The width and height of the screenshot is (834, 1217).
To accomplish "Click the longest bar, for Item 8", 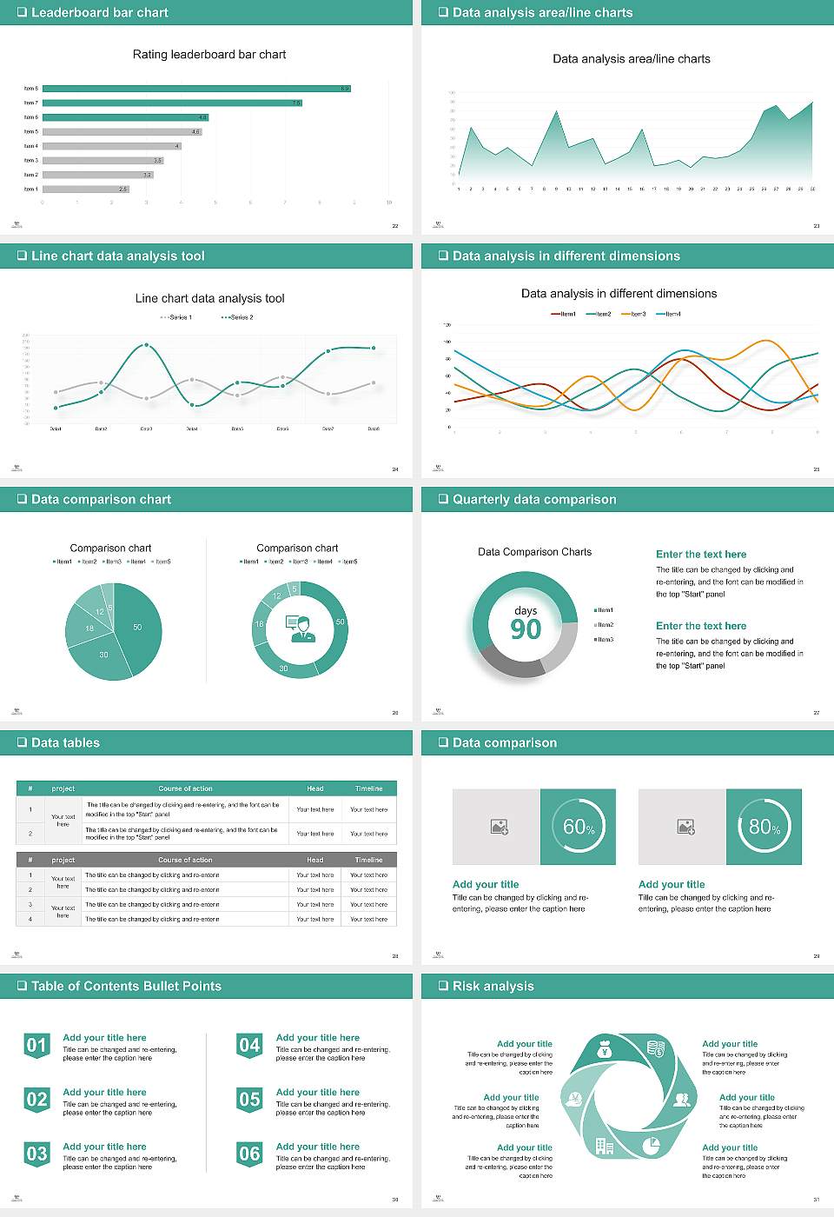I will coord(196,89).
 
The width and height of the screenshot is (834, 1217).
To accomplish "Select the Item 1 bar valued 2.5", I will coord(86,189).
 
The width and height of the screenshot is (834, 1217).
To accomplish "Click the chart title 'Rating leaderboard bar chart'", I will coord(209,54).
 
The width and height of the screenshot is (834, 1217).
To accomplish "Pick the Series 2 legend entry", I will coord(237,317).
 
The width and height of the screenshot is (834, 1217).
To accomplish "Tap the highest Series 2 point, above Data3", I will coord(146,345).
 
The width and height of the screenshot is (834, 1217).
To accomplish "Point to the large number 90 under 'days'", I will coord(526,629).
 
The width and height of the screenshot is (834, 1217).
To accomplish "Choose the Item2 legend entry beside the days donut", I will coord(604,625).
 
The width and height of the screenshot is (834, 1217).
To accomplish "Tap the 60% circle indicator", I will coord(579,827).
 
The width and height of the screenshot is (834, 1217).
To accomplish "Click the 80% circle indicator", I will coord(764,827).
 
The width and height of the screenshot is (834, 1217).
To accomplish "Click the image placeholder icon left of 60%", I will coord(499,827).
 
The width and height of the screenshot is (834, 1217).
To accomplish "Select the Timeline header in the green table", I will coord(368,788).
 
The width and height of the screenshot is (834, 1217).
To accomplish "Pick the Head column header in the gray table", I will coord(314,860).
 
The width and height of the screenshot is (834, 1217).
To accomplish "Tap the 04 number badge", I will coord(249,1045).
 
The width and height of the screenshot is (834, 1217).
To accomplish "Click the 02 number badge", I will coord(36,1100).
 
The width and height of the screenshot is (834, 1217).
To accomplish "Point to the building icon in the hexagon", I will coord(605,1146).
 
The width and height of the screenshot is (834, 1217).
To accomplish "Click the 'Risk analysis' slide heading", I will coord(493,986).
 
